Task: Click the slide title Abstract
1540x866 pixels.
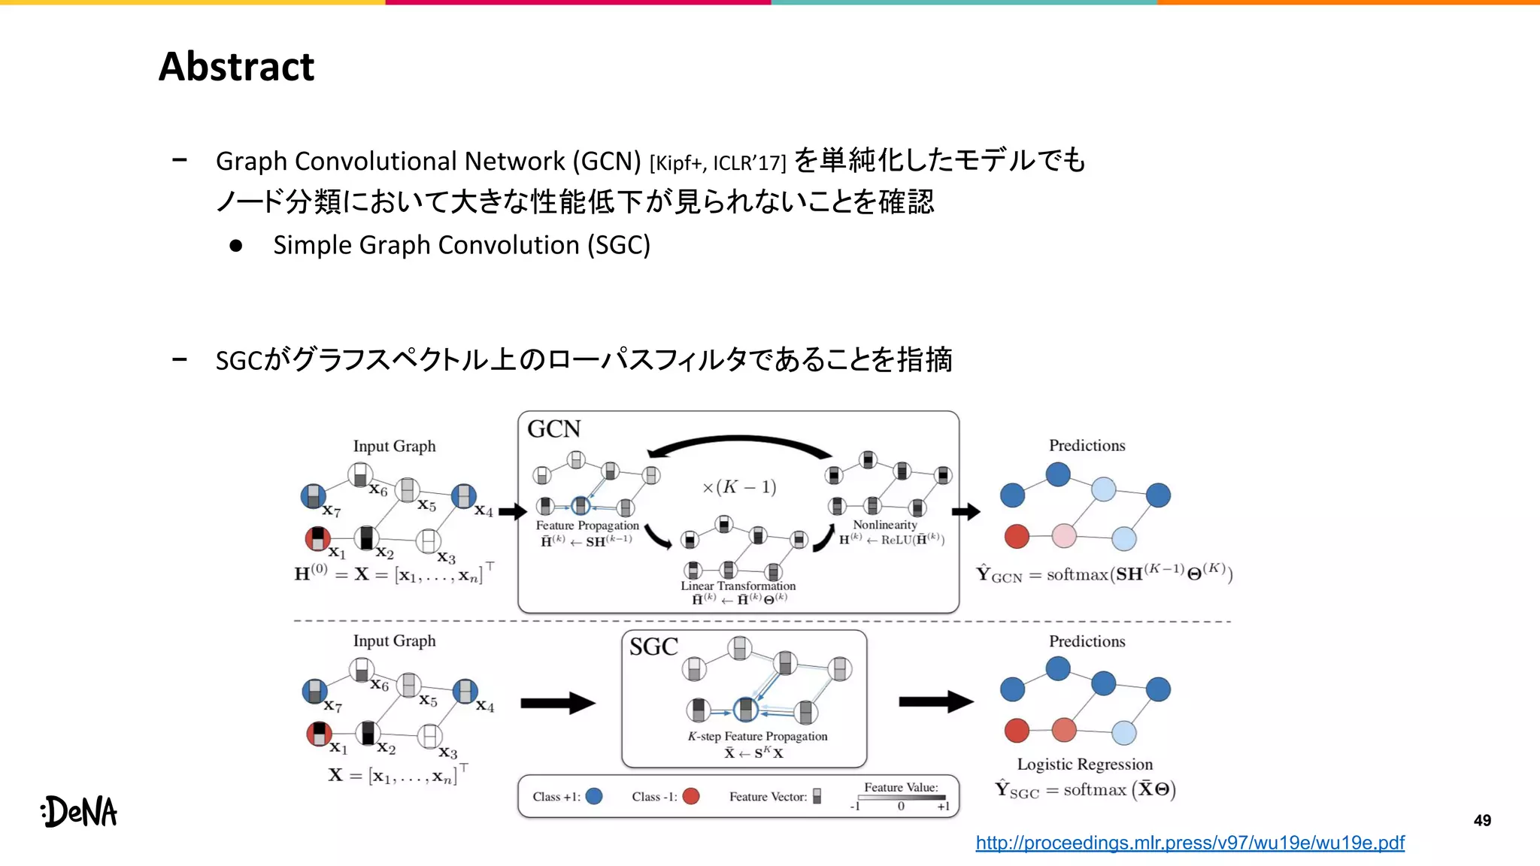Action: [236, 66]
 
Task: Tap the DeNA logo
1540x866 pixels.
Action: [80, 811]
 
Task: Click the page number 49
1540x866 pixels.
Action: [1482, 820]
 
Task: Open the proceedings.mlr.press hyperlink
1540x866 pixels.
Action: [1190, 843]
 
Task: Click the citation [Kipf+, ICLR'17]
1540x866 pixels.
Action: [717, 163]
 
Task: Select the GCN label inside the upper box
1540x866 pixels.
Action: [554, 429]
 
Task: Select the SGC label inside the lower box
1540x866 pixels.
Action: [653, 646]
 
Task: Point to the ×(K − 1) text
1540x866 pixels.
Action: [739, 487]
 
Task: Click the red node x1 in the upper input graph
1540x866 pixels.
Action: [317, 538]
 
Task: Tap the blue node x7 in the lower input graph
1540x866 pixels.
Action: [314, 691]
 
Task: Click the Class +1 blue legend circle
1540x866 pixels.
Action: [594, 796]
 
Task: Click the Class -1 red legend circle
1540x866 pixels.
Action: [691, 796]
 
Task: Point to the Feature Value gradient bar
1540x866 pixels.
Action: [901, 798]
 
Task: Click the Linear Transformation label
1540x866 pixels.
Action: [738, 586]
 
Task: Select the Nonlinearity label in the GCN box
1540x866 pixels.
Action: [885, 525]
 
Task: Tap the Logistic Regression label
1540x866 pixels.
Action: [1084, 765]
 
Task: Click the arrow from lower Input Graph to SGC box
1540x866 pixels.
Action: [557, 704]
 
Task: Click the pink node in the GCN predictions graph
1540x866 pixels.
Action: [1064, 536]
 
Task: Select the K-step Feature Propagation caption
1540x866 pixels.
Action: [757, 737]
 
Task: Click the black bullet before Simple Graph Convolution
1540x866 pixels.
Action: [236, 246]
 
